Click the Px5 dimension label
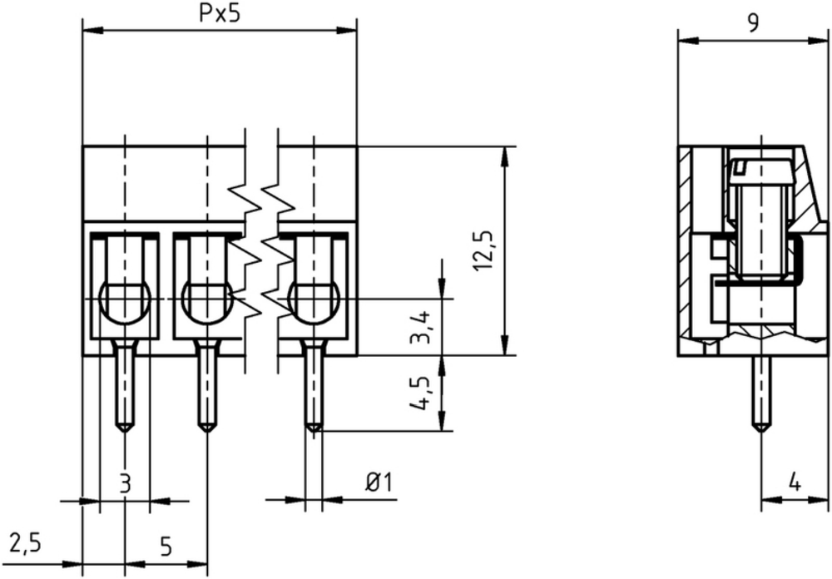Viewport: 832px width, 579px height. [220, 14]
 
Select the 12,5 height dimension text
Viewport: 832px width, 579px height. [484, 250]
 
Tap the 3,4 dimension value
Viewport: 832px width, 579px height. [423, 328]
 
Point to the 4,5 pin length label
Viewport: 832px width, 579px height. [419, 393]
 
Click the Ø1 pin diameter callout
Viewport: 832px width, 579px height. [379, 483]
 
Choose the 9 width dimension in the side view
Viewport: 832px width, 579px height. [752, 22]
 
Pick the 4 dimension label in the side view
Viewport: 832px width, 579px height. [795, 482]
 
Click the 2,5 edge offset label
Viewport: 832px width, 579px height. [26, 543]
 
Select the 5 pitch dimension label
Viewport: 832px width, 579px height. [166, 546]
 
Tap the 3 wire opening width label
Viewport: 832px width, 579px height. [125, 483]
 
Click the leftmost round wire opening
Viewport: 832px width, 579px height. [125, 301]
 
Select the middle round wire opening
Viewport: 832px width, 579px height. [207, 301]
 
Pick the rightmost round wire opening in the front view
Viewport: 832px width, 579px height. [314, 301]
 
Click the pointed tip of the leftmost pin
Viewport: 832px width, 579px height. [125, 432]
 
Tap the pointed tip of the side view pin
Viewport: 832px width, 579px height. [762, 431]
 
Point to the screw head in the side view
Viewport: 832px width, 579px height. [761, 170]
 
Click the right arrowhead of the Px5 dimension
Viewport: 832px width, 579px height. [347, 31]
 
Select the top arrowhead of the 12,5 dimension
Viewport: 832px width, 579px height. [505, 156]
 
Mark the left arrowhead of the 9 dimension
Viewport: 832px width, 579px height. [688, 40]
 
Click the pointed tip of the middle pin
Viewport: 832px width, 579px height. [207, 432]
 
